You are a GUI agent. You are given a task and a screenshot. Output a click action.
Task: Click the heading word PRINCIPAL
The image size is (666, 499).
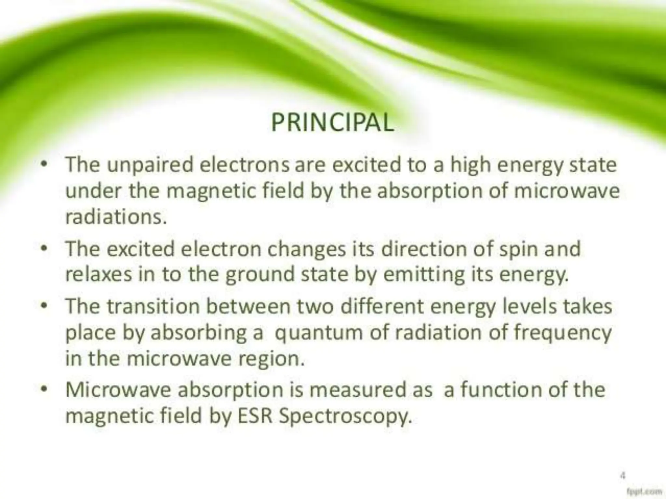(x=332, y=123)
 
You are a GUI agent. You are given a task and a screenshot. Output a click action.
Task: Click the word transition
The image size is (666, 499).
(x=153, y=307)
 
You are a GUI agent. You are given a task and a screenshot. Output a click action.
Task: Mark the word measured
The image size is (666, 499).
(x=358, y=390)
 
